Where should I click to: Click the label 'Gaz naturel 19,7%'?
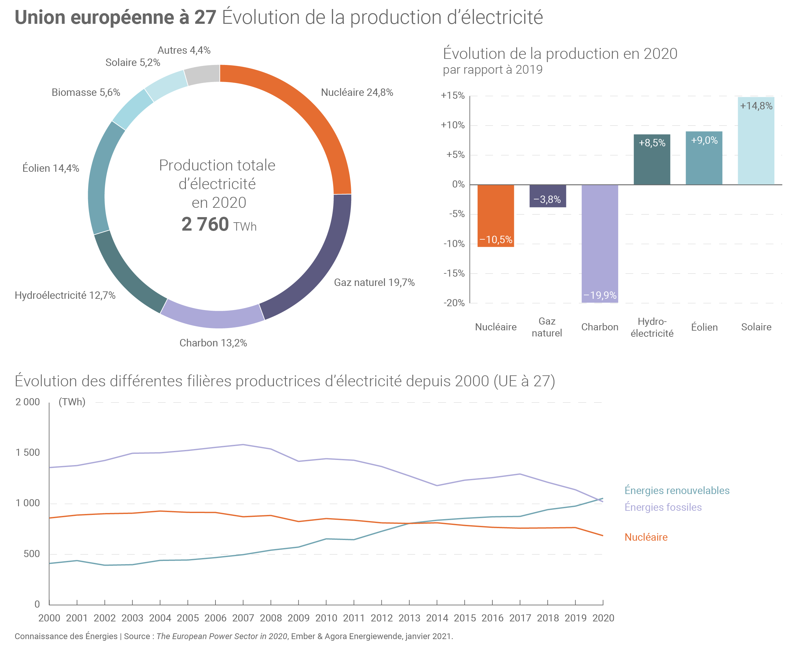click(374, 282)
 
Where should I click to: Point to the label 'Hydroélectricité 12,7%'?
click(65, 296)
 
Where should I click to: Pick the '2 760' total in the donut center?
click(205, 224)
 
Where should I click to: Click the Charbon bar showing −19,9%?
click(599, 244)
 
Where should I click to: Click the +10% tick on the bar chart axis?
click(452, 125)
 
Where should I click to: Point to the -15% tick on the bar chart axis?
click(454, 273)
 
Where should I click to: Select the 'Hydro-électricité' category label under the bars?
click(652, 327)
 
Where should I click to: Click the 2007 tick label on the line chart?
click(243, 618)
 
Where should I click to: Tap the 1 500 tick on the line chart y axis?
click(27, 453)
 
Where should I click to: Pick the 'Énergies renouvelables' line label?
click(677, 491)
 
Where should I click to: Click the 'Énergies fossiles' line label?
click(662, 507)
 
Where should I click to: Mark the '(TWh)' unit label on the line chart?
click(72, 402)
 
